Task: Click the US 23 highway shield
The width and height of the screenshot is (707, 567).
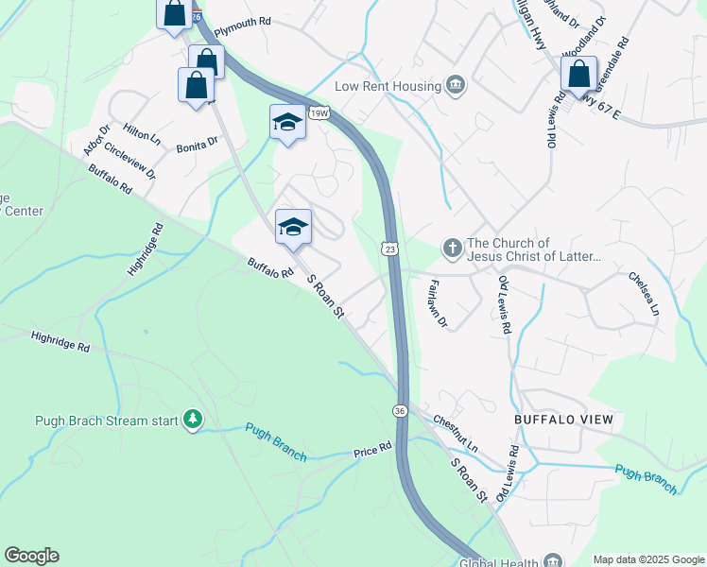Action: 389,248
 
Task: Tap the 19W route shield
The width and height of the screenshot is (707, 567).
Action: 321,113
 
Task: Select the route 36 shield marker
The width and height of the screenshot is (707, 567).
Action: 400,410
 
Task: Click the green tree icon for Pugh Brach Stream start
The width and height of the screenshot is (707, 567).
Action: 193,419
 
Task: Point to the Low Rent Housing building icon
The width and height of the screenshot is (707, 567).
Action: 456,86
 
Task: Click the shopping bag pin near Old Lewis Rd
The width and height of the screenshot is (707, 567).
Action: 579,73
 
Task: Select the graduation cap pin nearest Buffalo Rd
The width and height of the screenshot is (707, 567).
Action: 294,226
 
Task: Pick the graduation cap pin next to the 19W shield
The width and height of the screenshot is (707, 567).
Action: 288,122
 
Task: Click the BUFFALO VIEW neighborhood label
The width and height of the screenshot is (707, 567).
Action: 563,419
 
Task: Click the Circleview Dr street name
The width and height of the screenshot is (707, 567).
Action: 130,162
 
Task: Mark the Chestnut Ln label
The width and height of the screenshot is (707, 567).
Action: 457,430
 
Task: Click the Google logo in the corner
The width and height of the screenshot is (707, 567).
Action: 31,556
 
